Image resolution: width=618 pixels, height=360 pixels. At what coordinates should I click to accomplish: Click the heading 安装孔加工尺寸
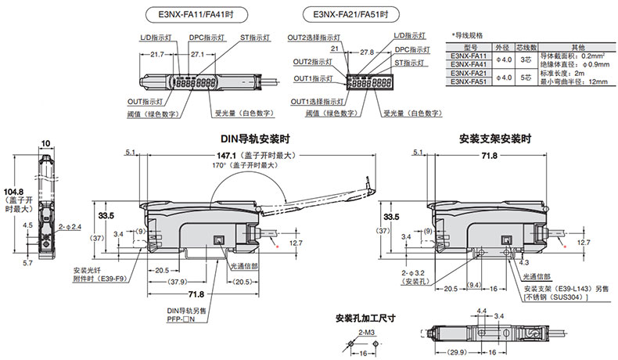coord(365,318)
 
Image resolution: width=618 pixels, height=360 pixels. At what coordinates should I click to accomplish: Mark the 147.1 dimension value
coord(232,156)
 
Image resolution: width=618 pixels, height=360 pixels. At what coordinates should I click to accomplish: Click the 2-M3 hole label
coord(365,333)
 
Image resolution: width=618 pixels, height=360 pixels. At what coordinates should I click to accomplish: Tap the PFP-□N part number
coord(181,319)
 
